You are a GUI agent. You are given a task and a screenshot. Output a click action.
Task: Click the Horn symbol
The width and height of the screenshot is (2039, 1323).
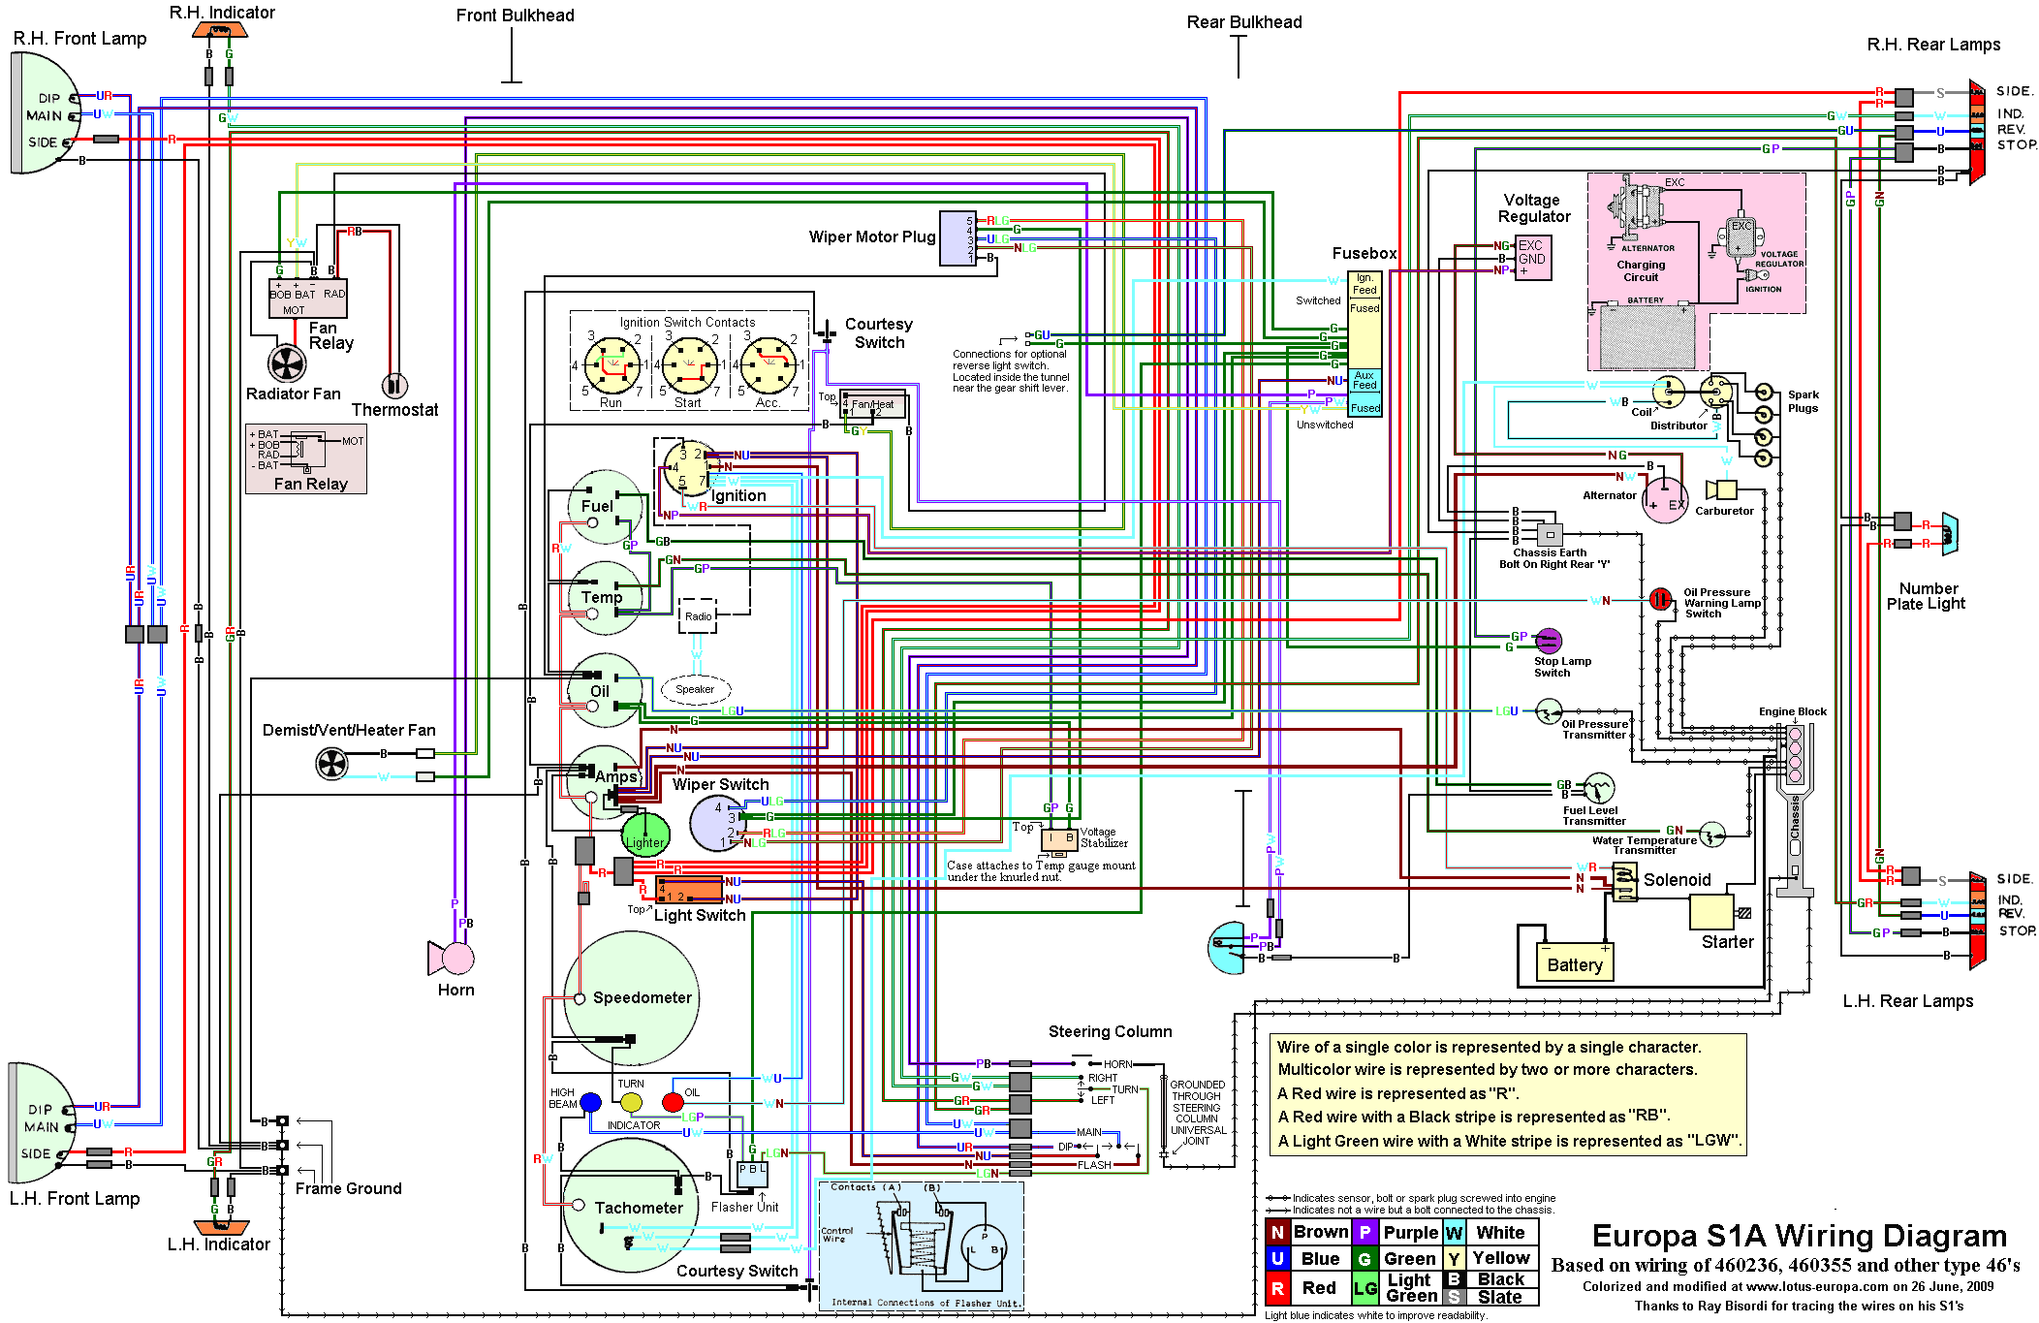tap(453, 958)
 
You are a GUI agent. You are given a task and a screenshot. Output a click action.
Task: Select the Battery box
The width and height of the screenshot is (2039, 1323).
tap(1575, 963)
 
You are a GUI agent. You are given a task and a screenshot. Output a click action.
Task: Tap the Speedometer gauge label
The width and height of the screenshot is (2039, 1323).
tap(642, 997)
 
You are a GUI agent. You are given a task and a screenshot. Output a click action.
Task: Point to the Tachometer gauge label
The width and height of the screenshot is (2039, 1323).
tap(638, 1208)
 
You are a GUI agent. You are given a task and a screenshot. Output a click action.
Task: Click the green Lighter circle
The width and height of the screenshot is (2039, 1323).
tap(645, 835)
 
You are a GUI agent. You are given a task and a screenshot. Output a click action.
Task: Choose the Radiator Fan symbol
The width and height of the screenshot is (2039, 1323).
tap(287, 364)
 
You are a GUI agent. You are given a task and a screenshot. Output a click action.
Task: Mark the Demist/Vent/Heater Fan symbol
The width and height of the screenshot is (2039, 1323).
tap(331, 764)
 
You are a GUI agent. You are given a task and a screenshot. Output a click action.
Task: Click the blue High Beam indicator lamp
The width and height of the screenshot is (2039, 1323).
tap(590, 1102)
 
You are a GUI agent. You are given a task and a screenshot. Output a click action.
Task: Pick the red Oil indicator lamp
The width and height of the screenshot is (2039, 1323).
tap(673, 1102)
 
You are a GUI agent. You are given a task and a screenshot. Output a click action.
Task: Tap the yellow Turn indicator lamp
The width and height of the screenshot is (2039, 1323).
tap(631, 1102)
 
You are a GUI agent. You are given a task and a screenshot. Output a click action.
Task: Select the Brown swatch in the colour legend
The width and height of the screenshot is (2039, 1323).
tap(1277, 1233)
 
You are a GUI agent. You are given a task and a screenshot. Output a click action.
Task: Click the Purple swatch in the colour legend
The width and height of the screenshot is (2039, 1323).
tap(1365, 1233)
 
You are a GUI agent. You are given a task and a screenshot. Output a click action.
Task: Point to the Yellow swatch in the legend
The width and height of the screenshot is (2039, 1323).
tap(1454, 1259)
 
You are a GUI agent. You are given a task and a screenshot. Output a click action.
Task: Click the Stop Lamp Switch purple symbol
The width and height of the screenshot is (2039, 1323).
tap(1549, 641)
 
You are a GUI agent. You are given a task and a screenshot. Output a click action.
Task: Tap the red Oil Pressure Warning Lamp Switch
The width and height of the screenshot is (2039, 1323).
tap(1660, 600)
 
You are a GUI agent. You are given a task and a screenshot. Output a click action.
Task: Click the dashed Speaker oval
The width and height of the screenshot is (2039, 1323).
tap(695, 689)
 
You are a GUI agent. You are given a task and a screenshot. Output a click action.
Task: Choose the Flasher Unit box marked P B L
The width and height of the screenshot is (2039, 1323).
tap(752, 1174)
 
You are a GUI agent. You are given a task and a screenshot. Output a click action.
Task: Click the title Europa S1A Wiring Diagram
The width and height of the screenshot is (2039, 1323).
tap(1799, 1237)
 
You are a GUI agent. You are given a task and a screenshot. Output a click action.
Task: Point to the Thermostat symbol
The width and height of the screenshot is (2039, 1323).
tap(394, 386)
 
